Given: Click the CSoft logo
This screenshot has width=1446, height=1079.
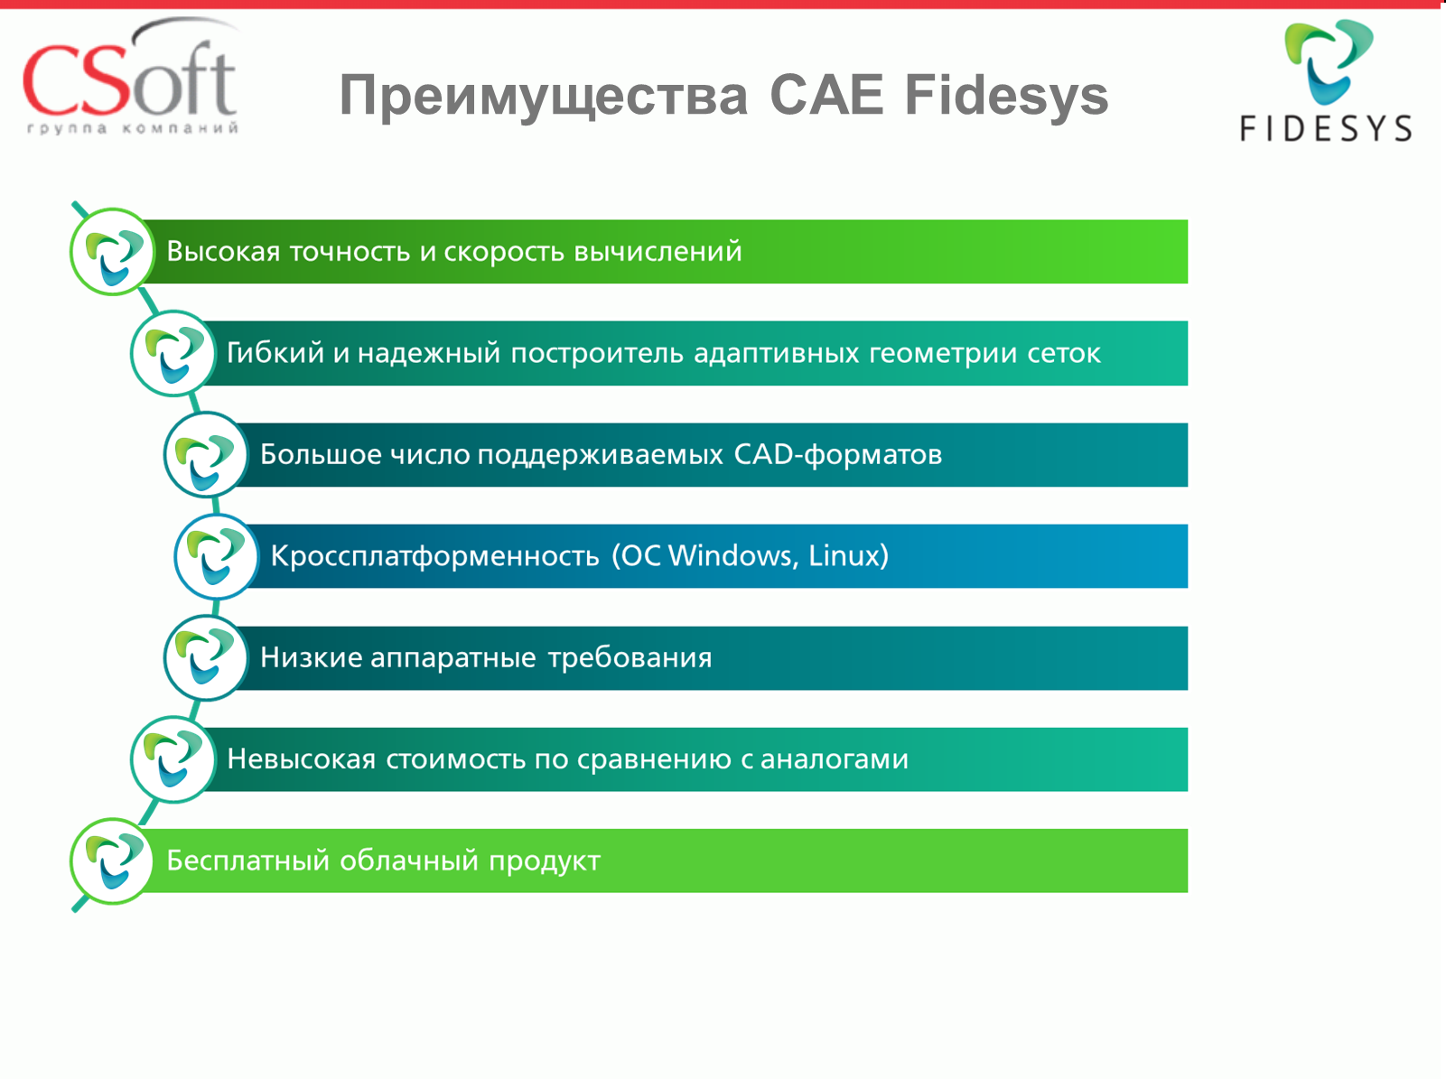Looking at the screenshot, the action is click(130, 76).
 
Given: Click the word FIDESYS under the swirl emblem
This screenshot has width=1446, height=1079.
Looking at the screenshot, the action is click(1326, 127).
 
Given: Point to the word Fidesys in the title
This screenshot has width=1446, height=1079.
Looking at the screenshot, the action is click(1007, 96).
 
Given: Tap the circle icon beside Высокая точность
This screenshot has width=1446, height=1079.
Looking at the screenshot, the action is click(113, 252).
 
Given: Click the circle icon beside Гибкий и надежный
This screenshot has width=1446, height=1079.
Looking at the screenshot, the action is click(173, 353).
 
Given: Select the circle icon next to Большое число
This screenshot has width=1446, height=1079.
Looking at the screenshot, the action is click(206, 454).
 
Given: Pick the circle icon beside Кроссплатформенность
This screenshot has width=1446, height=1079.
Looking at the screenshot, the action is click(217, 556).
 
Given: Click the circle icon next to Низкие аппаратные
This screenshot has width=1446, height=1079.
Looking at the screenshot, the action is click(206, 657).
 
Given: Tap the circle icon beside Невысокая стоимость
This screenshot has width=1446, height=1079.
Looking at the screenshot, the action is click(173, 759).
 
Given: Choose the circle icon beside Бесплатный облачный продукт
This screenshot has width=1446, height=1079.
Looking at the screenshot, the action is click(113, 861).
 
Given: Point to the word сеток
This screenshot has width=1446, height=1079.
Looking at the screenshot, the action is click(1063, 354).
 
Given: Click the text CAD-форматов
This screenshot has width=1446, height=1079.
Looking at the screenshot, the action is click(838, 455).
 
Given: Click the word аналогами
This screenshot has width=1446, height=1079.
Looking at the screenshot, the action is click(835, 759).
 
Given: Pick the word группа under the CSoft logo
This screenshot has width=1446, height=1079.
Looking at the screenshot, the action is click(67, 128).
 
